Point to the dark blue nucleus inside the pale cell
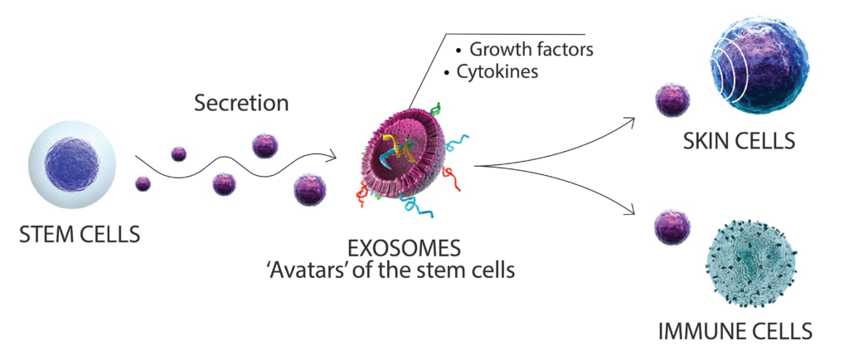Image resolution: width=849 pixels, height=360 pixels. (73, 163)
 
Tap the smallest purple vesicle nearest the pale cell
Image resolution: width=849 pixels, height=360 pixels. (143, 183)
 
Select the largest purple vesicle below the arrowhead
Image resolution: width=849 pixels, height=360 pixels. (310, 188)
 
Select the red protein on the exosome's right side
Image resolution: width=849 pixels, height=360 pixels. (453, 173)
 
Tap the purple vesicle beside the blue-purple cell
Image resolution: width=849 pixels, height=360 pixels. (672, 100)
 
